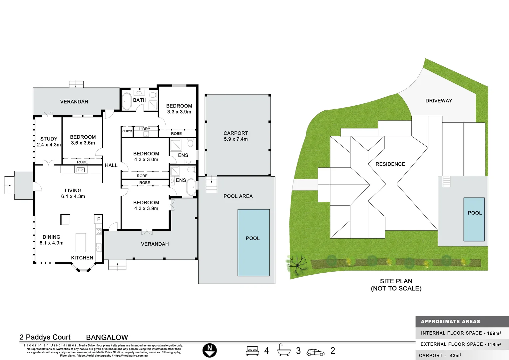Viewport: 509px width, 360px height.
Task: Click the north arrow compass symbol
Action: click(210, 351)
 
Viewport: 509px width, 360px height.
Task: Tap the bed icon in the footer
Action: click(253, 351)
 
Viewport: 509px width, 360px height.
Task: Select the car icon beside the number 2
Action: click(315, 352)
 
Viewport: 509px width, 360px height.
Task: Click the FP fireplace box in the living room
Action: click(81, 170)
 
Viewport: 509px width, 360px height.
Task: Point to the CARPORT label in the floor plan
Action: click(236, 133)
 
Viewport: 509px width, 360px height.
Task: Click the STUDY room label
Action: click(49, 139)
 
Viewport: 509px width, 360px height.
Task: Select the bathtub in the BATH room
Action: click(127, 101)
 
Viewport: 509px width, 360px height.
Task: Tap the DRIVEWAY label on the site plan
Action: click(439, 101)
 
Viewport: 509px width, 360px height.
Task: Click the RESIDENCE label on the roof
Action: click(390, 164)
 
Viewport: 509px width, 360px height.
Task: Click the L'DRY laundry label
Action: click(145, 129)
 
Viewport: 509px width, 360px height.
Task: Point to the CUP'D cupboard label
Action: click(127, 131)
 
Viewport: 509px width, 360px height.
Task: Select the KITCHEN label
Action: click(82, 258)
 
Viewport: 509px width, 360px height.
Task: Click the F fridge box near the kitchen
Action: click(99, 219)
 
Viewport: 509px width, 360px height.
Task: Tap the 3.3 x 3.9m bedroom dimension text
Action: click(179, 112)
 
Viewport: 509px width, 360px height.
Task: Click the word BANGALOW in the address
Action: click(107, 337)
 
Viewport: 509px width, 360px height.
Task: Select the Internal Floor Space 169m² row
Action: click(461, 333)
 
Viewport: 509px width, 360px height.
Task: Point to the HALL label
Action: click(111, 165)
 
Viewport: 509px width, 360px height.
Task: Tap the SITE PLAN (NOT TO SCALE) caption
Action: click(396, 285)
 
